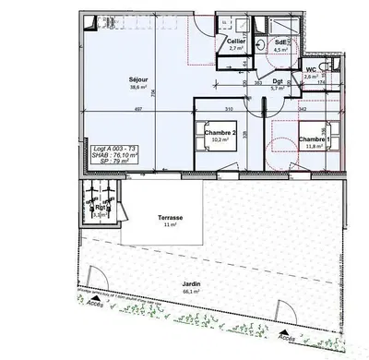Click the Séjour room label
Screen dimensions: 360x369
(139, 80)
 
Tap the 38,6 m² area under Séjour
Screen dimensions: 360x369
(139, 90)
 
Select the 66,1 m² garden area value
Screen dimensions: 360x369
(192, 293)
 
